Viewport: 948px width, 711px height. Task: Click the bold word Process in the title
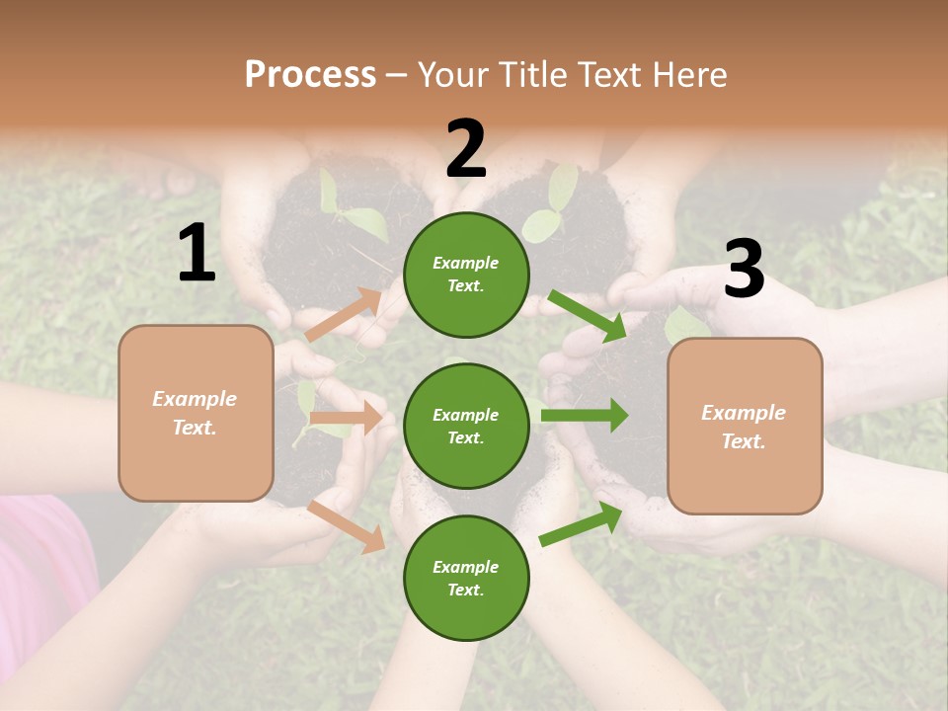point(310,74)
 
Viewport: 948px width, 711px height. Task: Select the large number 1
point(197,254)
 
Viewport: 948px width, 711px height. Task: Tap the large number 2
point(466,149)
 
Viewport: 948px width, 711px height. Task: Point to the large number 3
point(744,270)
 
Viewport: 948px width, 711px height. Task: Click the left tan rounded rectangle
point(196,413)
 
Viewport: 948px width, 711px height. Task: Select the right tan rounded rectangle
point(745,426)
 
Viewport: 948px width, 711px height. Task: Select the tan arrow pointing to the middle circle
point(346,418)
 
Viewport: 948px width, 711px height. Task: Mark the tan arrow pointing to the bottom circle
point(347,526)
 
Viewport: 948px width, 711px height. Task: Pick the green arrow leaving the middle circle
point(585,416)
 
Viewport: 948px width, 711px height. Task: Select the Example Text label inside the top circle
point(466,274)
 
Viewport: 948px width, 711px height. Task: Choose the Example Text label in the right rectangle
point(744,427)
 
